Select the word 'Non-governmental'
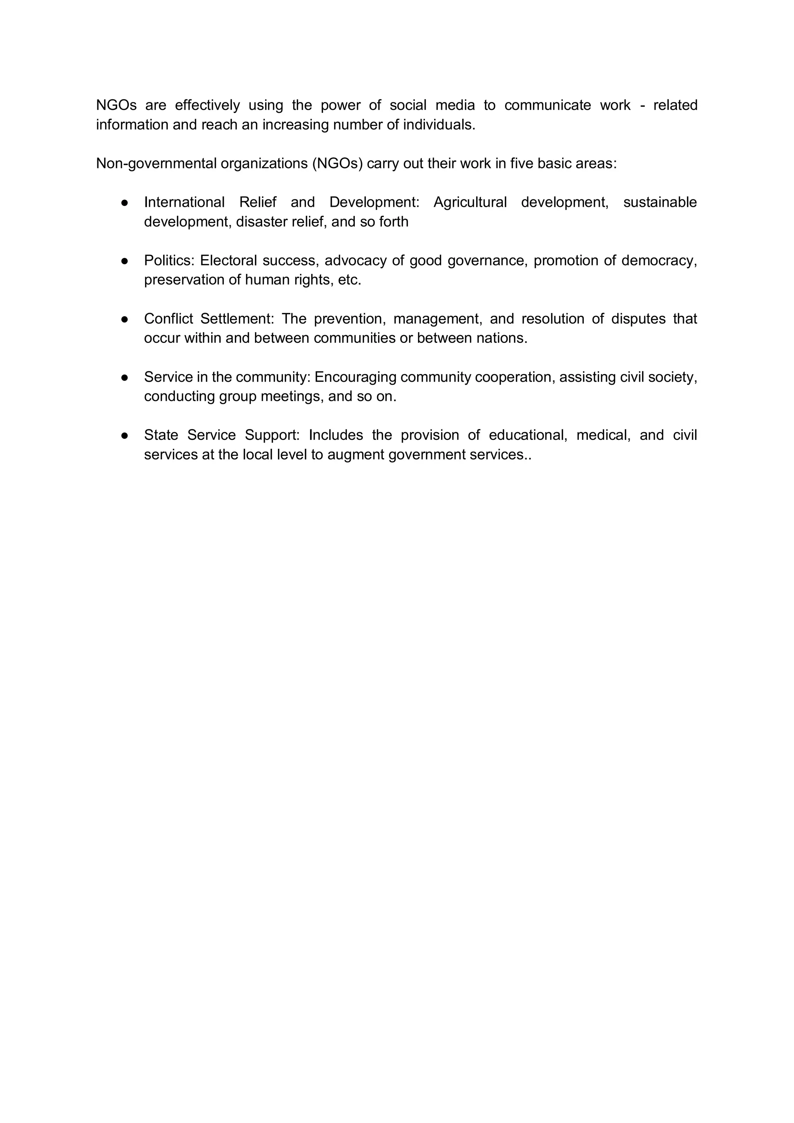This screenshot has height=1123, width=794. click(x=156, y=163)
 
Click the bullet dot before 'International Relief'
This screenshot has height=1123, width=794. click(x=125, y=202)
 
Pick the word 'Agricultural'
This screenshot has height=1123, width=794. click(x=470, y=202)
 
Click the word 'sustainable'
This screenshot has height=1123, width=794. click(x=659, y=202)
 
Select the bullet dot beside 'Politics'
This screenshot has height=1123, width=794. click(x=125, y=261)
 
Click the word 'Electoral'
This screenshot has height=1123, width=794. click(x=228, y=261)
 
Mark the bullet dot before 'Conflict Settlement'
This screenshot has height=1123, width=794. click(x=125, y=319)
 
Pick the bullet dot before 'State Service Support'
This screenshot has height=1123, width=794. click(x=125, y=435)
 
